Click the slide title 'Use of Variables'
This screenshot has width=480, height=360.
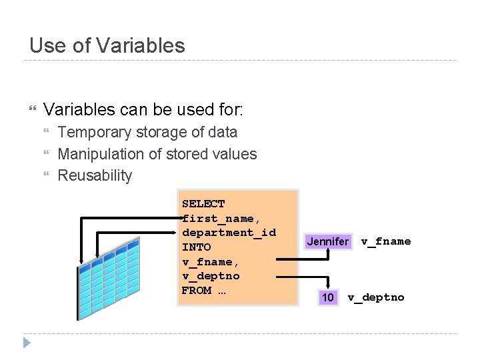107,45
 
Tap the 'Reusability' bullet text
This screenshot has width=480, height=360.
95,176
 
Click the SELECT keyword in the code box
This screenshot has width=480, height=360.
203,204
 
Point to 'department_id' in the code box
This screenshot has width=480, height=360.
229,233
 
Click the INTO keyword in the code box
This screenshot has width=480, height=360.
196,247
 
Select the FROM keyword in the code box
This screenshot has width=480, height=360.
196,291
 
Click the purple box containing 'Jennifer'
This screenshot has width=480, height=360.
327,241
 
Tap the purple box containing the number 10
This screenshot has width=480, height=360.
327,297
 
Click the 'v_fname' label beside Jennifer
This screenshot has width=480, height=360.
386,241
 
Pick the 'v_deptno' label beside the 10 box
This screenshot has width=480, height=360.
376,297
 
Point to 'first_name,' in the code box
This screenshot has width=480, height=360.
218,219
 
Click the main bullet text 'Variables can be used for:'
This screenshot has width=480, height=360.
143,109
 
